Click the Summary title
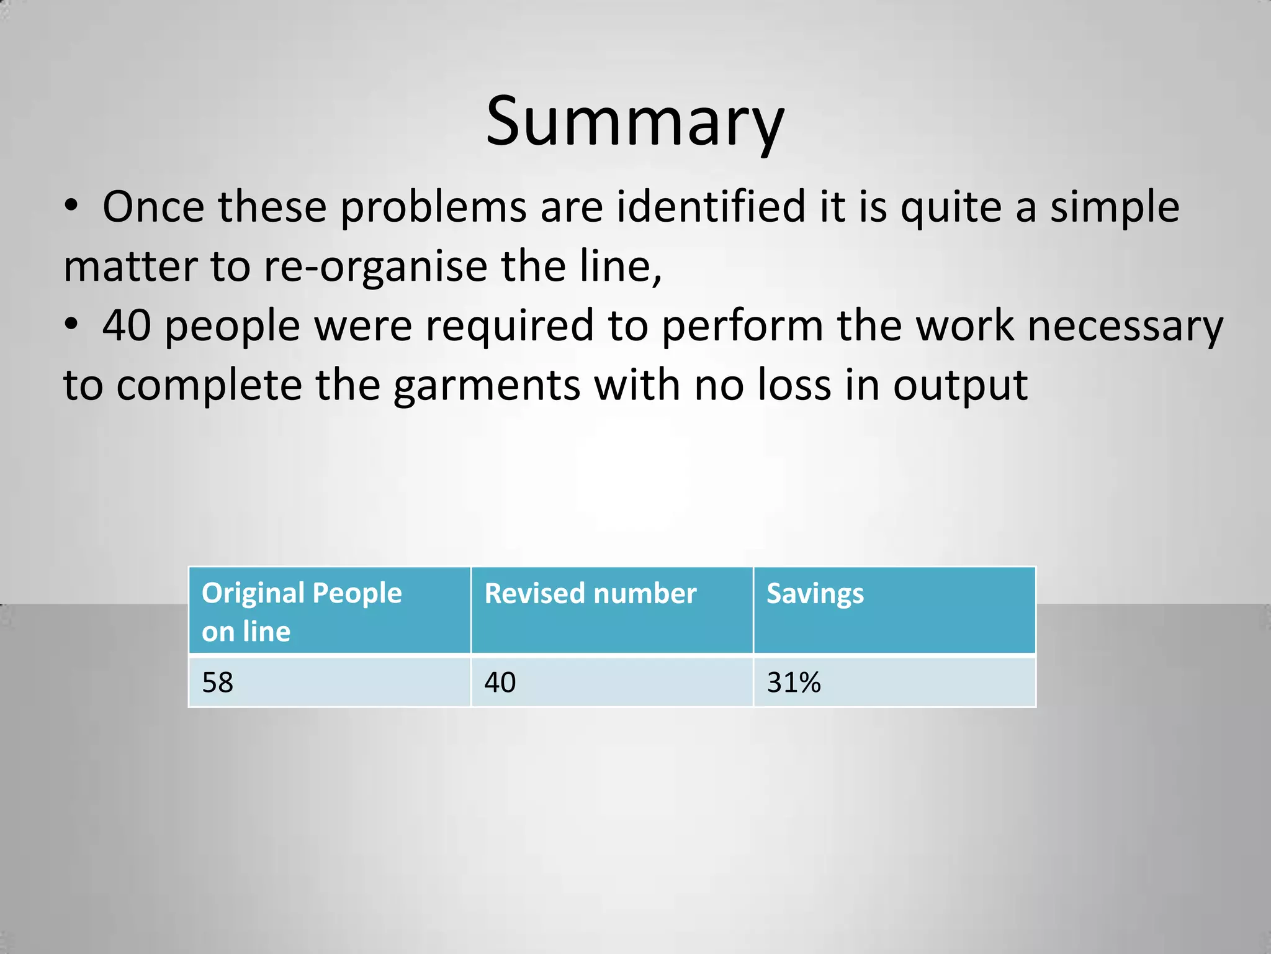(634, 122)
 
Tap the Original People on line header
(302, 611)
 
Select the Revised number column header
(590, 594)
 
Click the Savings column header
(815, 594)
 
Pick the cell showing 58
(218, 683)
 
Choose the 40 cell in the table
(500, 683)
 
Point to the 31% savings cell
(794, 683)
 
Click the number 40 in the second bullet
(127, 325)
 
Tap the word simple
(1115, 208)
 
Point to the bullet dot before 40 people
(71, 324)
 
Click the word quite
(951, 208)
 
